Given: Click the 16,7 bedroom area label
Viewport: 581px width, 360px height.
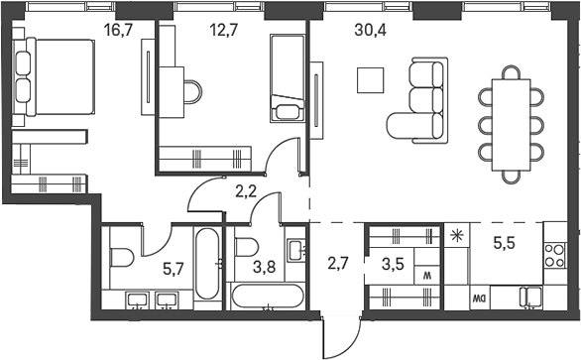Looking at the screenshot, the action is [118, 31].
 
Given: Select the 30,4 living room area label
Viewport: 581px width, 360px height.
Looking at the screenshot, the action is [371, 31].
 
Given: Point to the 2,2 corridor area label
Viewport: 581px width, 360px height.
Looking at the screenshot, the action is [246, 191].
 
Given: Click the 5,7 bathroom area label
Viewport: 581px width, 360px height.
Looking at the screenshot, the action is [174, 268].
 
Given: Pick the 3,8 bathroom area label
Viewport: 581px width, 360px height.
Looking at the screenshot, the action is [265, 267].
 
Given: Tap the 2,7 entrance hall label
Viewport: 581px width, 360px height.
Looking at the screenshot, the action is [340, 264].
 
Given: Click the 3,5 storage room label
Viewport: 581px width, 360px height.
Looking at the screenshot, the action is [393, 266].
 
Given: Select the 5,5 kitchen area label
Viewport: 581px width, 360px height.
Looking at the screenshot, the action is [505, 244].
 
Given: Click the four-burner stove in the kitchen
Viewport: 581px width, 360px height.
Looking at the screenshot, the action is [555, 256].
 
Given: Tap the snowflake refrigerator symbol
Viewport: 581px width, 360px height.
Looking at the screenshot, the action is [456, 236].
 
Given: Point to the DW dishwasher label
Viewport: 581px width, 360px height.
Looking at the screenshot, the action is [480, 298].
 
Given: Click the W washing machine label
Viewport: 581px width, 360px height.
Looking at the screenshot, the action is [427, 276].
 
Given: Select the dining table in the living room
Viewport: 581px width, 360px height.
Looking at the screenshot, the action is [512, 125].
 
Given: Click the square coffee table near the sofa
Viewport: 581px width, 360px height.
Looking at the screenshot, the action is [370, 80].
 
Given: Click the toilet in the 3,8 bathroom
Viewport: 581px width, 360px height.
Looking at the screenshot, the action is [247, 248].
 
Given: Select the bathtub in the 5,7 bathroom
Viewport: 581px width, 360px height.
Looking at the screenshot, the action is [207, 264].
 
